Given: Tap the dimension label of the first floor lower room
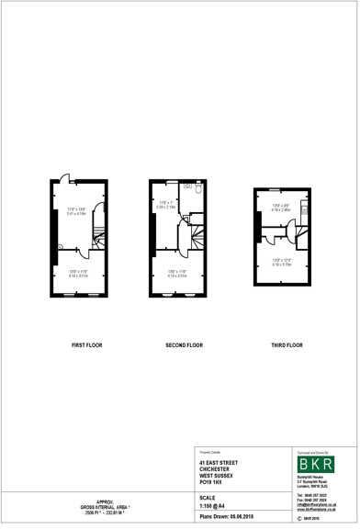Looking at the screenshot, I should pyautogui.click(x=78, y=273).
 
